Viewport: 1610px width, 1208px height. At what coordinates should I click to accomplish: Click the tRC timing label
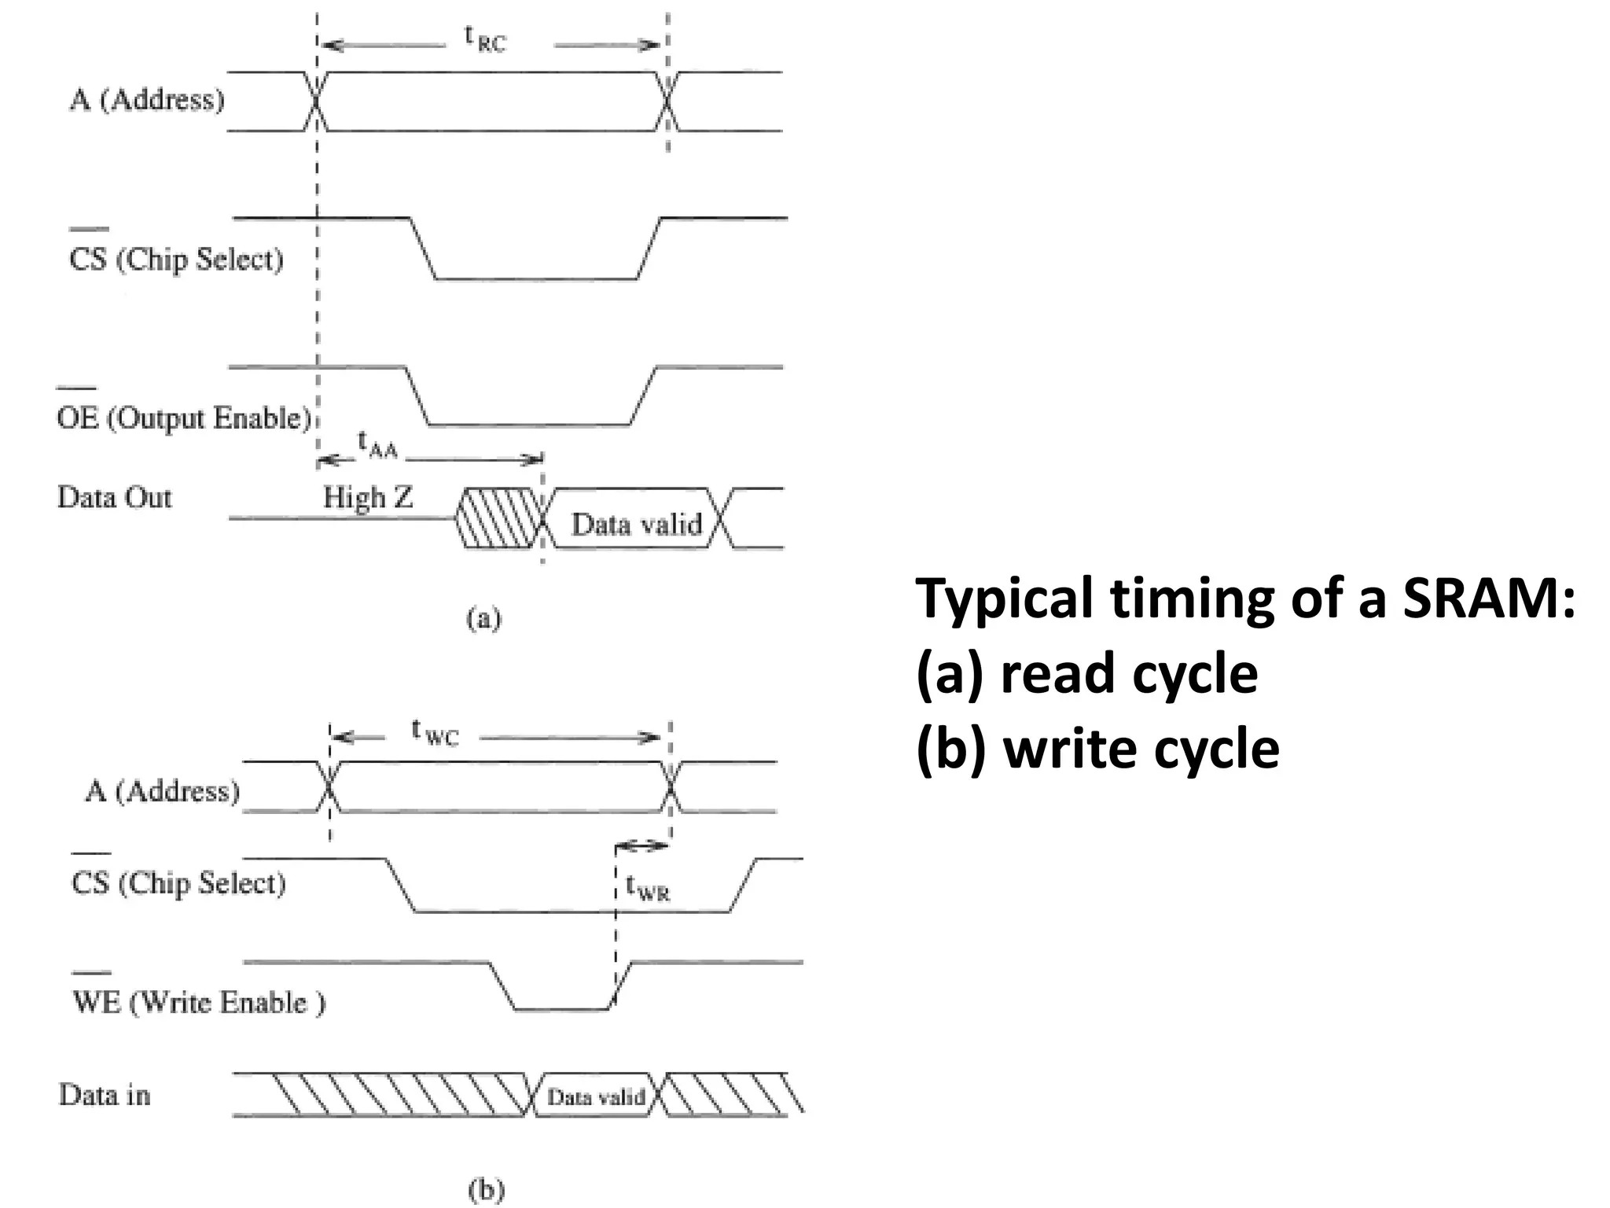point(485,39)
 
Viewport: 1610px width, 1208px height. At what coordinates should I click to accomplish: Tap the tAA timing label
point(377,444)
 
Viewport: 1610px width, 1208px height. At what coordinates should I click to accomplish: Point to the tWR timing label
point(648,888)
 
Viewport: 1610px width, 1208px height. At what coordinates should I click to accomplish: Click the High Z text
point(368,497)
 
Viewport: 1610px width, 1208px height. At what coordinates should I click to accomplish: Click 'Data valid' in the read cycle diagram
point(636,524)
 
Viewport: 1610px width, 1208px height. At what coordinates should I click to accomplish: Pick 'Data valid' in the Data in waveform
point(596,1096)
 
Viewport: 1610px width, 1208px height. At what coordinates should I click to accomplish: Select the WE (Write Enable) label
point(198,1002)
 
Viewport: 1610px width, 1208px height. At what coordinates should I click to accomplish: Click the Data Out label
point(115,497)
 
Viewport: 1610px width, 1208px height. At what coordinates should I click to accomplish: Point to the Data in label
point(105,1095)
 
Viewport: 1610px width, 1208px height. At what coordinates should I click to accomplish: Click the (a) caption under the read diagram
point(483,619)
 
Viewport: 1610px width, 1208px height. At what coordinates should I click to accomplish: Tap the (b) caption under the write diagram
point(486,1190)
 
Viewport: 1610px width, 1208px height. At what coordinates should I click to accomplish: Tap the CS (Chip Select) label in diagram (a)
point(176,259)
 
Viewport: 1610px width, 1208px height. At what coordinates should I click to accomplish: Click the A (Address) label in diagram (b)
point(162,790)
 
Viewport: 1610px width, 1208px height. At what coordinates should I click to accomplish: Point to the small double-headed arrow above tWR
point(642,846)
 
